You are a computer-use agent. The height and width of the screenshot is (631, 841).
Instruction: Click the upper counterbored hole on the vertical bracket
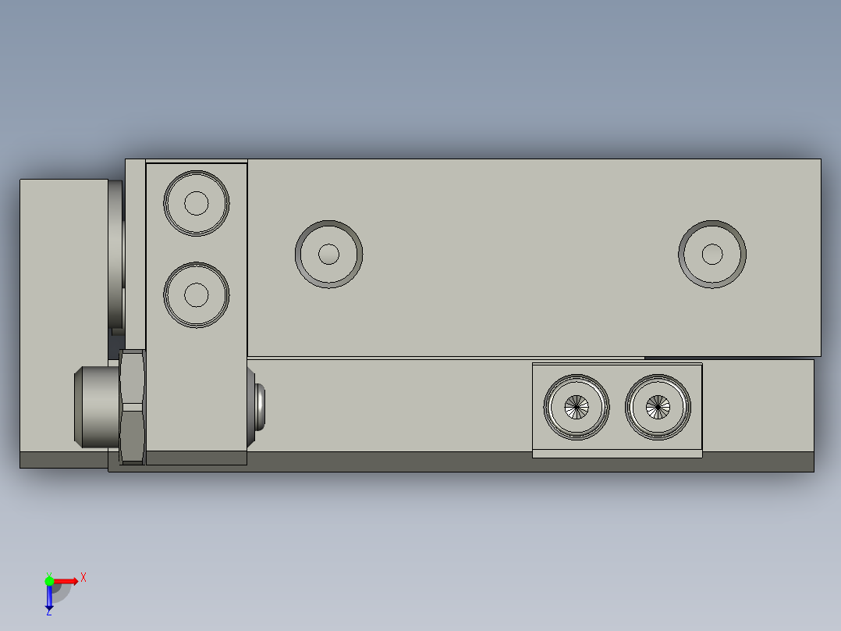[197, 203]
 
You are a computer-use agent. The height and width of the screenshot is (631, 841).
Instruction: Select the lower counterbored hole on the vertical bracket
[197, 294]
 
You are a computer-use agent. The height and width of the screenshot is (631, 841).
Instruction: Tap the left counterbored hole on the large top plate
[328, 254]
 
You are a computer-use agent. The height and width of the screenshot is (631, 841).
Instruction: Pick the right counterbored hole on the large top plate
[711, 254]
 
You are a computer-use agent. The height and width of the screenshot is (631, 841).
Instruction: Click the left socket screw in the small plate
[577, 406]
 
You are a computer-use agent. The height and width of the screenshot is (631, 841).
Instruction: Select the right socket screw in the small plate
[658, 406]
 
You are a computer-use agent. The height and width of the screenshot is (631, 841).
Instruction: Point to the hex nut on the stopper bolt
[133, 406]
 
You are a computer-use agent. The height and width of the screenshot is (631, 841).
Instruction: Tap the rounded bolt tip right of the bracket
[259, 406]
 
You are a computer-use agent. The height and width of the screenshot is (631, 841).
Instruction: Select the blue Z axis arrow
[49, 598]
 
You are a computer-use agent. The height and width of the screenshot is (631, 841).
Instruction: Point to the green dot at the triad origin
[49, 580]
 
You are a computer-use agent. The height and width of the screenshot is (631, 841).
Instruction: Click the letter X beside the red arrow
[83, 578]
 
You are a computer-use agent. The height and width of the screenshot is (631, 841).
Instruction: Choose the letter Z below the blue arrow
[49, 613]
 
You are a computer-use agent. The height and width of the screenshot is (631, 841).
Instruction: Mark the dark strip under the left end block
[62, 460]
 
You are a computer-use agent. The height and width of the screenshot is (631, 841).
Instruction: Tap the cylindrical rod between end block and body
[116, 254]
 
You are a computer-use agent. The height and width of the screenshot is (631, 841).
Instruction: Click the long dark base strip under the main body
[468, 462]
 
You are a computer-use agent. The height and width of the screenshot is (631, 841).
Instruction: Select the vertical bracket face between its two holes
[197, 249]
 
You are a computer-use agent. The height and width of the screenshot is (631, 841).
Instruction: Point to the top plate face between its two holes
[520, 254]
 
